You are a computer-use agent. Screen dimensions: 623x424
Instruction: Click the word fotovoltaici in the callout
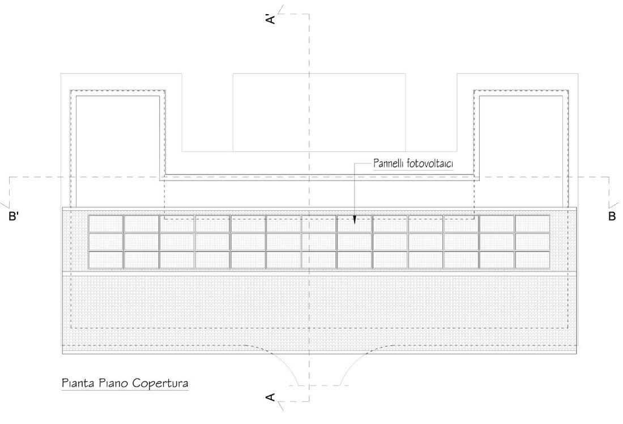pos(430,163)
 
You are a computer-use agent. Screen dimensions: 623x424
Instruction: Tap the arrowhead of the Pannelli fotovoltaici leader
pos(355,219)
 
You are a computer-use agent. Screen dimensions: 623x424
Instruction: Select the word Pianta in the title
pos(78,383)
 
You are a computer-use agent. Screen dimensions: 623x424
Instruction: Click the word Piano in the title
pos(113,383)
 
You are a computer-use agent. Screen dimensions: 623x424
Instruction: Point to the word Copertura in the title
pos(160,383)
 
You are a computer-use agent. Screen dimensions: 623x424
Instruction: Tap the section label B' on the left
pos(14,217)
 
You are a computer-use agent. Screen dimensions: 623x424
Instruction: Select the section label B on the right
pos(612,217)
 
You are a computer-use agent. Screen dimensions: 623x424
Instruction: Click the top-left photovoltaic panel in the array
pos(105,223)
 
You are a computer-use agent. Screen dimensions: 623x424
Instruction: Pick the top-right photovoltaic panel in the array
pos(532,223)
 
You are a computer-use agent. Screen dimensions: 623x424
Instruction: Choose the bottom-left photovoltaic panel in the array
pos(105,260)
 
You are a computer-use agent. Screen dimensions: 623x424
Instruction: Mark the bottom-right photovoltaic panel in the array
pos(532,260)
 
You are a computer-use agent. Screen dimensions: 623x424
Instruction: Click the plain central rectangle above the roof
pos(319,113)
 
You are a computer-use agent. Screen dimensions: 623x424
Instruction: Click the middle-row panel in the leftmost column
pos(105,241)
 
